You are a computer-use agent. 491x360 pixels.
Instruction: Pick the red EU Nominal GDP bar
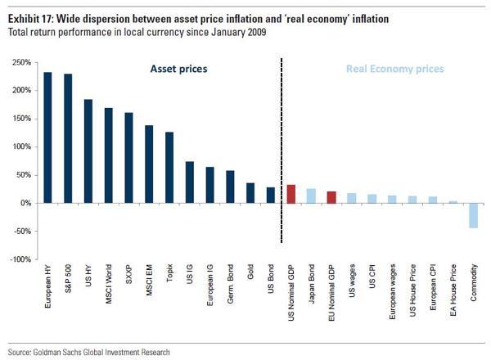pyautogui.click(x=331, y=197)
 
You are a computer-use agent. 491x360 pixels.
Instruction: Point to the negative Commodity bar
pyautogui.click(x=474, y=215)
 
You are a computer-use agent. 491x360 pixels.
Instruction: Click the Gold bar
pyautogui.click(x=250, y=193)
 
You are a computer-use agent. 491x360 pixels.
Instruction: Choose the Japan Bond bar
pyautogui.click(x=311, y=196)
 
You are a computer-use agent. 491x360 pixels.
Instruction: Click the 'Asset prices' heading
pyautogui.click(x=178, y=70)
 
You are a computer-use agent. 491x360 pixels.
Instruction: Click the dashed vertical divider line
pyautogui.click(x=281, y=147)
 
